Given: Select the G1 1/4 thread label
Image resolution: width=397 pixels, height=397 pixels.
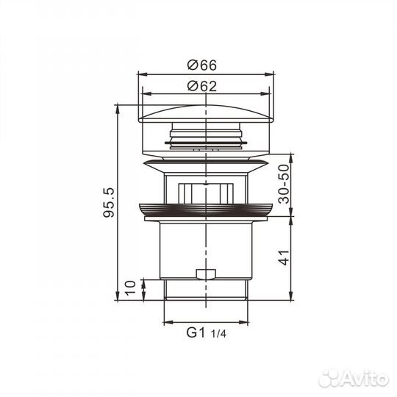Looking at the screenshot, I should (205, 332).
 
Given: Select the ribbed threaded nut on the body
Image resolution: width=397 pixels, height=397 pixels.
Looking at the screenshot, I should (206, 209).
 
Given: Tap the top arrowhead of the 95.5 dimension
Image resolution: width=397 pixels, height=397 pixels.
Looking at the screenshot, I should (118, 107).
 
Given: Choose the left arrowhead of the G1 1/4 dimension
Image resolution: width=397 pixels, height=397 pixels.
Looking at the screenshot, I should (165, 322).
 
